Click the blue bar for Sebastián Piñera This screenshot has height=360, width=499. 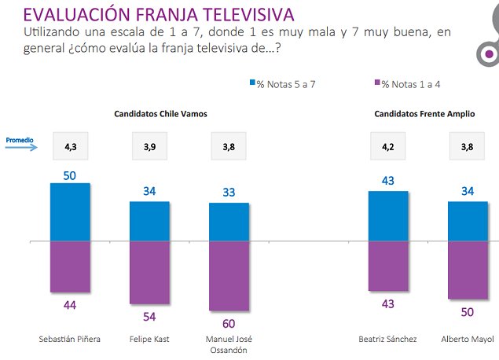(x=70, y=212)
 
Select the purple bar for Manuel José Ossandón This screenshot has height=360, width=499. (x=229, y=275)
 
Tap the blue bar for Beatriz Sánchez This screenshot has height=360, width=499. (x=388, y=216)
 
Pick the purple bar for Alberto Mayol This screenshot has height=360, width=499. (x=468, y=270)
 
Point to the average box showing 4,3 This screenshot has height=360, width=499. (x=70, y=146)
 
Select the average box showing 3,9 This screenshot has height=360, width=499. (x=149, y=146)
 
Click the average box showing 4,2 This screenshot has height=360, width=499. (x=388, y=146)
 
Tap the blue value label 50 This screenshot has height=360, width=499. (x=70, y=175)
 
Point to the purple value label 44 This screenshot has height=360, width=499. (x=70, y=304)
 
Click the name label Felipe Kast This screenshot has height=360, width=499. (x=149, y=340)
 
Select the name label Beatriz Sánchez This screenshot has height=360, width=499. (x=388, y=340)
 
